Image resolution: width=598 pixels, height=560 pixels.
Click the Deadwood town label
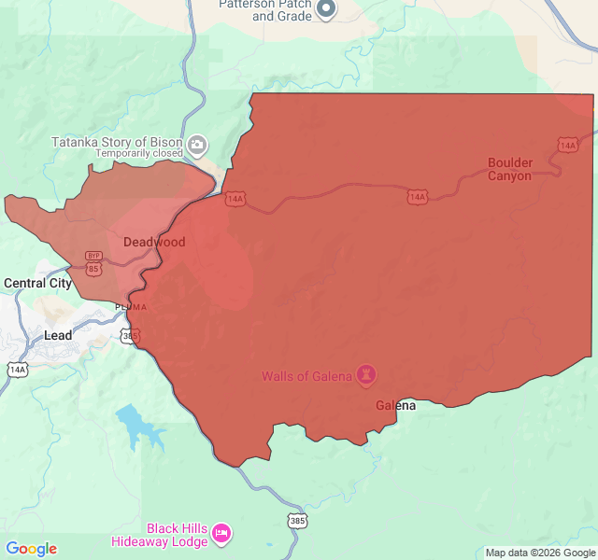[x=154, y=242]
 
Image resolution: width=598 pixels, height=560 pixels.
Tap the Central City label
[x=37, y=283]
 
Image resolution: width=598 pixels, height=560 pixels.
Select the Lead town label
[x=58, y=335]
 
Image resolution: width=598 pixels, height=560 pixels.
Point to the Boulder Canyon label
[x=510, y=169]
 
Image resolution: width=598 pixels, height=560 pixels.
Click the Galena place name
[x=395, y=406]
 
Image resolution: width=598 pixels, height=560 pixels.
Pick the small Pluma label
[x=130, y=306]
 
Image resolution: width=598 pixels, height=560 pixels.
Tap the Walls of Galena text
[x=306, y=376]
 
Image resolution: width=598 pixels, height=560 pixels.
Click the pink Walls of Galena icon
[x=367, y=375]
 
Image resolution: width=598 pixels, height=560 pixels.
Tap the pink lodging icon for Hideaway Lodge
[x=221, y=534]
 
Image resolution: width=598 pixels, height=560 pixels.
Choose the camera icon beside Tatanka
[x=197, y=145]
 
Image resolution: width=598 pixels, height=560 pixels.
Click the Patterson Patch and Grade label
[x=264, y=9]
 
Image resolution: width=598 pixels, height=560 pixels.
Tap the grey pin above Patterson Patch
[x=326, y=9]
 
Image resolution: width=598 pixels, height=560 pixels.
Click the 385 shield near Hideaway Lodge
[x=297, y=520]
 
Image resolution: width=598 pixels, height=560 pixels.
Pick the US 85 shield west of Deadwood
[x=93, y=269]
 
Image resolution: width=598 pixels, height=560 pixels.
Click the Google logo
[x=31, y=549]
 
